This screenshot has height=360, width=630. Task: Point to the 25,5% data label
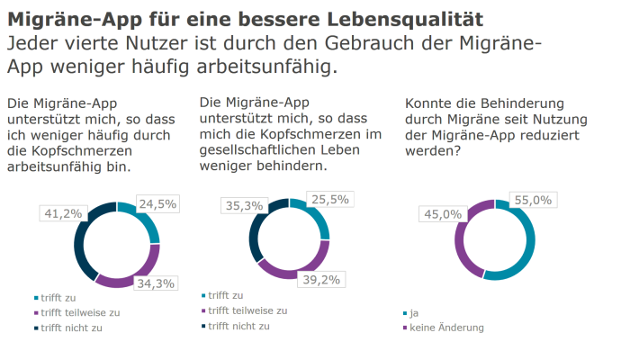(329, 200)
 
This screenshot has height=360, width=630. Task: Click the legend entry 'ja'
(414, 313)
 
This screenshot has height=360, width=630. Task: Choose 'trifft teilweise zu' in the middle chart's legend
(247, 310)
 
